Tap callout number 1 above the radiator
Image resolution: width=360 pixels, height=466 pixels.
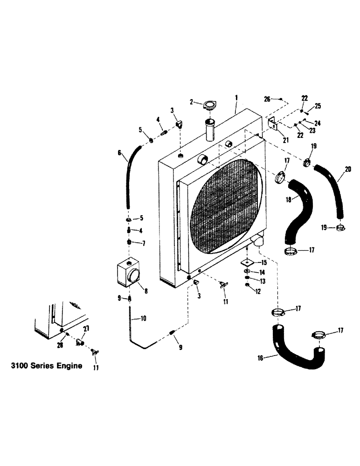[236, 98]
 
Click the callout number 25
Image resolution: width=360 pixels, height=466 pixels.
[317, 107]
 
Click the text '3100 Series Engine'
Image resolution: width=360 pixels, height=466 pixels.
[46, 366]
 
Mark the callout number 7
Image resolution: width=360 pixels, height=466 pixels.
[143, 243]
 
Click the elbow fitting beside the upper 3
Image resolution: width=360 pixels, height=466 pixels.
[180, 125]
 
